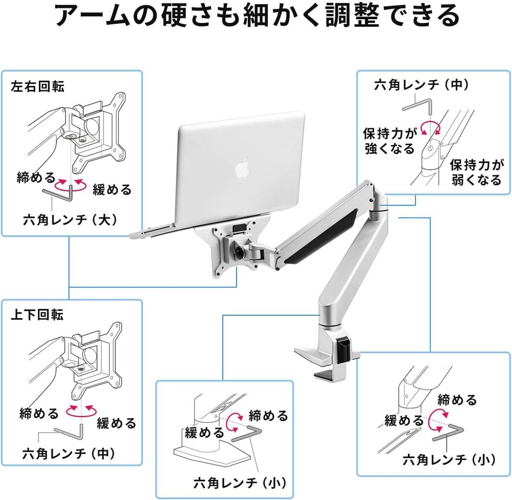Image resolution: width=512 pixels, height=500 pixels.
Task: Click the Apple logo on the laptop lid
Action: point(242,167)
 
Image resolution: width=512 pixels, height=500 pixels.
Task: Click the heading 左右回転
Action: point(38,87)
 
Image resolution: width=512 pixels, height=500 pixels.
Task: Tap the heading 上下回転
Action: point(37,315)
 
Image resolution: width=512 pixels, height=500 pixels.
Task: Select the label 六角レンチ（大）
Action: point(70,220)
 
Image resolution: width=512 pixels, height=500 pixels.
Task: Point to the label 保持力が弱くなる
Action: point(477,172)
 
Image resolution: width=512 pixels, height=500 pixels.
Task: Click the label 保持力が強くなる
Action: point(390,141)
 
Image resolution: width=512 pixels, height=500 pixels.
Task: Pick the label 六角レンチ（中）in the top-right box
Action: point(422,85)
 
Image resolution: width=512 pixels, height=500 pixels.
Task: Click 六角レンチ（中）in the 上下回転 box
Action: point(69,453)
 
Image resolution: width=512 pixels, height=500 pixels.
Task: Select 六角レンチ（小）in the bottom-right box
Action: point(449,459)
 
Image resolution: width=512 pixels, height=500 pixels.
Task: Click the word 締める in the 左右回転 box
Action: point(36,177)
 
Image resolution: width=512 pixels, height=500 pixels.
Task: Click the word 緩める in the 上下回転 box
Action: point(116,423)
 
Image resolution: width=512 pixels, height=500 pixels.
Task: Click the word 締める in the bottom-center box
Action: point(268,416)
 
